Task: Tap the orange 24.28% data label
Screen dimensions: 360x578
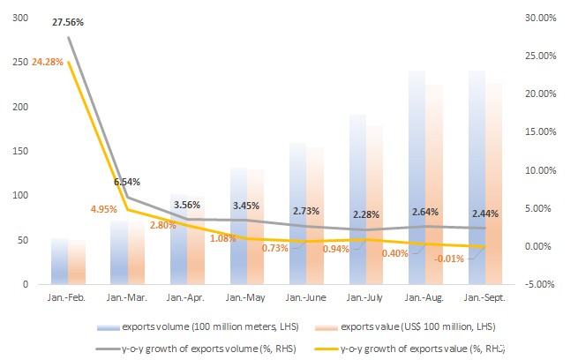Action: pos(47,62)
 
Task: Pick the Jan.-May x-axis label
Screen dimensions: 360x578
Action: pos(245,298)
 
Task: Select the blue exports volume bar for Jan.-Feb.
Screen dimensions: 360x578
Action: pos(59,261)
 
